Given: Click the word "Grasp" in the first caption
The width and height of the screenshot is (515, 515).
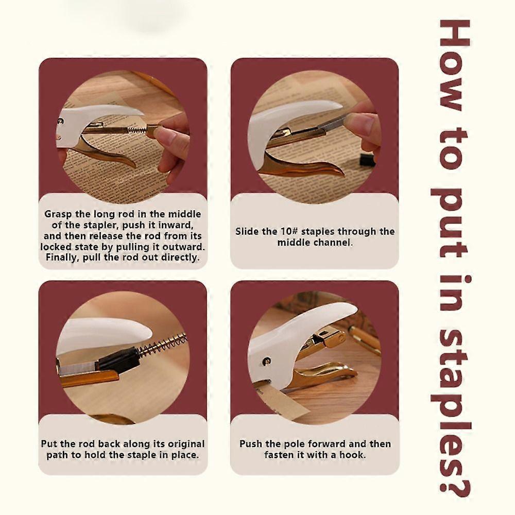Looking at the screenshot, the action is [58, 214].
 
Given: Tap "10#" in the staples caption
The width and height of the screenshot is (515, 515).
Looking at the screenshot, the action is [289, 232].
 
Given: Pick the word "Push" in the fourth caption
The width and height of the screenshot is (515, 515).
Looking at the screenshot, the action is [251, 444].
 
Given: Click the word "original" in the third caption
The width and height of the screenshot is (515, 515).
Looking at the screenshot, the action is [186, 444].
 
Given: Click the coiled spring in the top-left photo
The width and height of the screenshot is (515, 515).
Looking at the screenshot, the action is [136, 130].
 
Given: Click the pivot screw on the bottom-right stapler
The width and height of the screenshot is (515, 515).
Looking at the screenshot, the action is [267, 362].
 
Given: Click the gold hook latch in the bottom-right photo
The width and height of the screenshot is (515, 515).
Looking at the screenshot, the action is [333, 338].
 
